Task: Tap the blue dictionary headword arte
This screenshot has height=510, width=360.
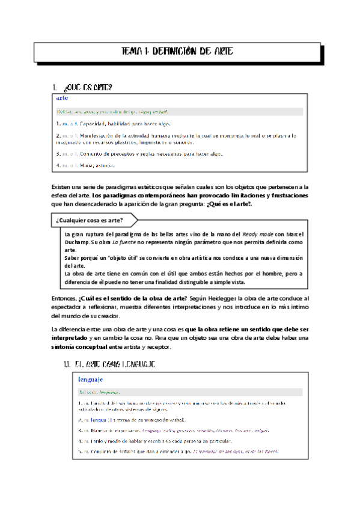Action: [62, 97]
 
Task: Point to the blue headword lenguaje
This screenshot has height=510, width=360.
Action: [91, 379]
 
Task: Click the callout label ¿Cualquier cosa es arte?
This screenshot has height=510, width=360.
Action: [91, 220]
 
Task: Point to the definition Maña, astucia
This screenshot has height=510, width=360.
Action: [93, 165]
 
